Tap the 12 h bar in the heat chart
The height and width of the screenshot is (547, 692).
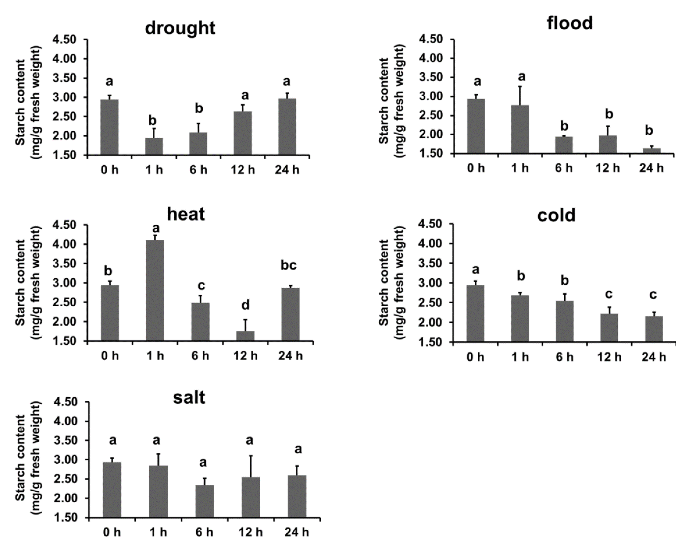coord(245,336)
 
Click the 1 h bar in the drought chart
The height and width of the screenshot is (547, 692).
coord(154,146)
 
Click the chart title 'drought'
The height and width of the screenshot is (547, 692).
coord(180,28)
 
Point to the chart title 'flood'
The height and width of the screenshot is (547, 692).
coord(570,23)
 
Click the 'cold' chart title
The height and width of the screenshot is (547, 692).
coord(556,215)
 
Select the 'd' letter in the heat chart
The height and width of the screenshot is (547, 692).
coord(245,305)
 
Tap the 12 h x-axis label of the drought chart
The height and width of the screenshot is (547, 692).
coord(243,170)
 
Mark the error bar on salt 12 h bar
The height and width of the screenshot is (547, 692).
coord(251,466)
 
